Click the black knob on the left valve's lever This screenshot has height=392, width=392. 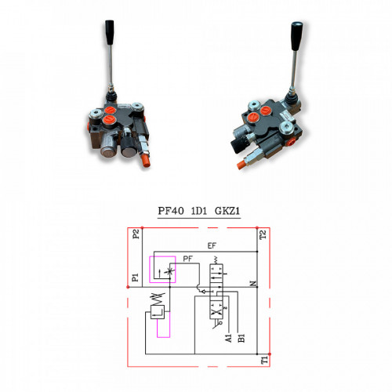[110, 32]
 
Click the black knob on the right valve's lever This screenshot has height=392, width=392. [297, 36]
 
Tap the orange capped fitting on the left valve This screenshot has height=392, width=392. [145, 161]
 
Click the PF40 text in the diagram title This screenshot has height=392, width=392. [171, 211]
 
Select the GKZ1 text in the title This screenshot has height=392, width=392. [227, 211]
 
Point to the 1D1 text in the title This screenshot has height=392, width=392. [199, 211]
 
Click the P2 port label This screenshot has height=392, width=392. [136, 234]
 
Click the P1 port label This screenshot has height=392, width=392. [135, 278]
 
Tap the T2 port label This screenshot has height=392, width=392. [263, 234]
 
